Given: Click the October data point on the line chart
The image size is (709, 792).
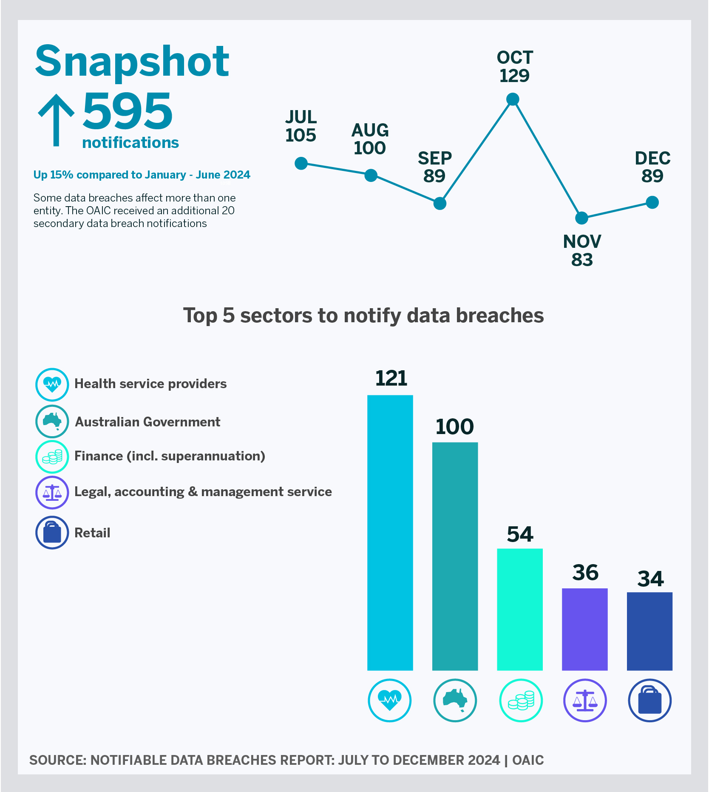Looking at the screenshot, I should coord(513,99).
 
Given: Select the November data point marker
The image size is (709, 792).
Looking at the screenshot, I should coord(581,218).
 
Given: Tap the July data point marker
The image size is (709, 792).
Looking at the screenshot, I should coord(301,163).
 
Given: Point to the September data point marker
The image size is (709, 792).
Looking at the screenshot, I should coord(440,204).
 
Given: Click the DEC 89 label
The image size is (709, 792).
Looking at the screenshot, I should coord(652,167).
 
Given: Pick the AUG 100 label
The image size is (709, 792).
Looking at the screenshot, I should coord(370,139).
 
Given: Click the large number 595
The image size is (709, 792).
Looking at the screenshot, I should coord(128,111).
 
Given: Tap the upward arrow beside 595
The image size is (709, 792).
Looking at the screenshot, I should coord(56,120).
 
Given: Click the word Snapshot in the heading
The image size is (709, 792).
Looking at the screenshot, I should coord(132,61).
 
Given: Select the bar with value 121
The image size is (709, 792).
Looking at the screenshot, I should coord(390,532).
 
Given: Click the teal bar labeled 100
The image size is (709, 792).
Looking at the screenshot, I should coord(455,556).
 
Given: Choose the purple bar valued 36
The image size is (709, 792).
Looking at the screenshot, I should coord(584,629).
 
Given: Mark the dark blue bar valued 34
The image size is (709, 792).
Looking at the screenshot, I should coord(649,631).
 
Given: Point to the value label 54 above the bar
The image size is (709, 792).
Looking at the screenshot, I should coord(520,534).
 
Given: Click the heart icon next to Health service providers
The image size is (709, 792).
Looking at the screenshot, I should coord(52,384).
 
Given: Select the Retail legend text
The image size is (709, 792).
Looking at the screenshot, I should coord(92,533).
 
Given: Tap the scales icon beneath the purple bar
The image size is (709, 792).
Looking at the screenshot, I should coord(585,700).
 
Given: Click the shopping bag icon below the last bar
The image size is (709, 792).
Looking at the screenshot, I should coord(649,700).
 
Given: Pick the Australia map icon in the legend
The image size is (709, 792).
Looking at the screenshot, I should coord(52,421).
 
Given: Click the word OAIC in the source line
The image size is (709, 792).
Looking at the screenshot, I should coord(528,760).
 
